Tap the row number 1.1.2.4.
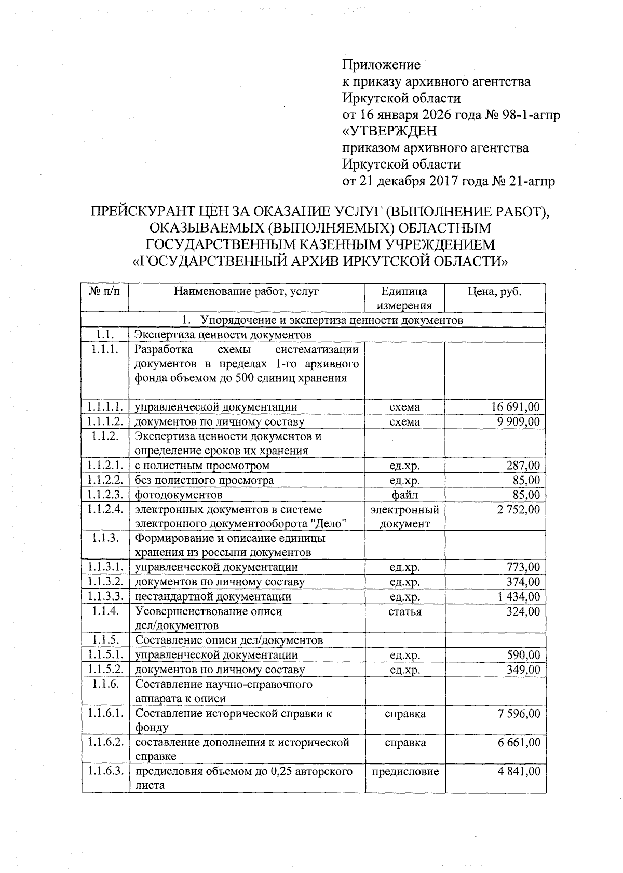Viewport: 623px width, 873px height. coord(105,510)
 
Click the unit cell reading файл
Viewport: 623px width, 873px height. coord(404,495)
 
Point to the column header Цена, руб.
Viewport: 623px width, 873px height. coord(494,292)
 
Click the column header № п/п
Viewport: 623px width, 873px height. coord(104,292)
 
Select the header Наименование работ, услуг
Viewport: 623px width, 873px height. coord(246,292)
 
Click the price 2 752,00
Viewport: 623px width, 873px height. coord(518,510)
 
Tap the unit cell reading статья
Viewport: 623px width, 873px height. coord(404,611)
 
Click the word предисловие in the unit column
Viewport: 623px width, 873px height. coord(404,772)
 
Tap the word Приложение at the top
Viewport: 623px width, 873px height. coord(381,65)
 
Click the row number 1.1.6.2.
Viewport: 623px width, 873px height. coord(105,743)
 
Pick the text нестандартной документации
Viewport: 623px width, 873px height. coord(213,597)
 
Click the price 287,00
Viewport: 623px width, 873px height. coord(523,466)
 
